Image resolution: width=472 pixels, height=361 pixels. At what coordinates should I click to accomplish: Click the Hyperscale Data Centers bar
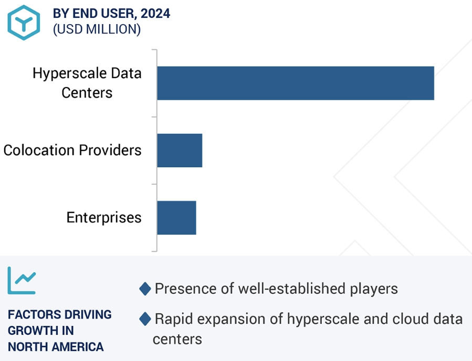coord(295,83)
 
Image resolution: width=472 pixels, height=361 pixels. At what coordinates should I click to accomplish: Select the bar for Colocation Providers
coord(180,150)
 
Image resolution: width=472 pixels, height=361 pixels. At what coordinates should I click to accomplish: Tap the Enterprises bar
coord(176,217)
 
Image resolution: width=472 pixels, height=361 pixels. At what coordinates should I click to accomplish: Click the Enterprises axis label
coord(104,217)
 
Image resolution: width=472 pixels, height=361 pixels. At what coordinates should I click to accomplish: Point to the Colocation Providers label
coord(72,150)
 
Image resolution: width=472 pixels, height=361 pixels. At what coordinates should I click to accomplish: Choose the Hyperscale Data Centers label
coord(87,83)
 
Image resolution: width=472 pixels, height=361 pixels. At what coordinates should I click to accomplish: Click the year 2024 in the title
coord(155,14)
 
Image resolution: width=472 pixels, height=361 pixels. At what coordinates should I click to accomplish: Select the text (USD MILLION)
coord(97,29)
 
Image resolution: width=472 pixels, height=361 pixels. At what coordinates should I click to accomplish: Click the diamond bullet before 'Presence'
coord(145,289)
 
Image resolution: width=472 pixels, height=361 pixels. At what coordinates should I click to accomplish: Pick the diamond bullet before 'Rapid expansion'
coord(145,318)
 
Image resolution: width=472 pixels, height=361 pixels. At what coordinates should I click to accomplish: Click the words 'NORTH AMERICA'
coord(56,347)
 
